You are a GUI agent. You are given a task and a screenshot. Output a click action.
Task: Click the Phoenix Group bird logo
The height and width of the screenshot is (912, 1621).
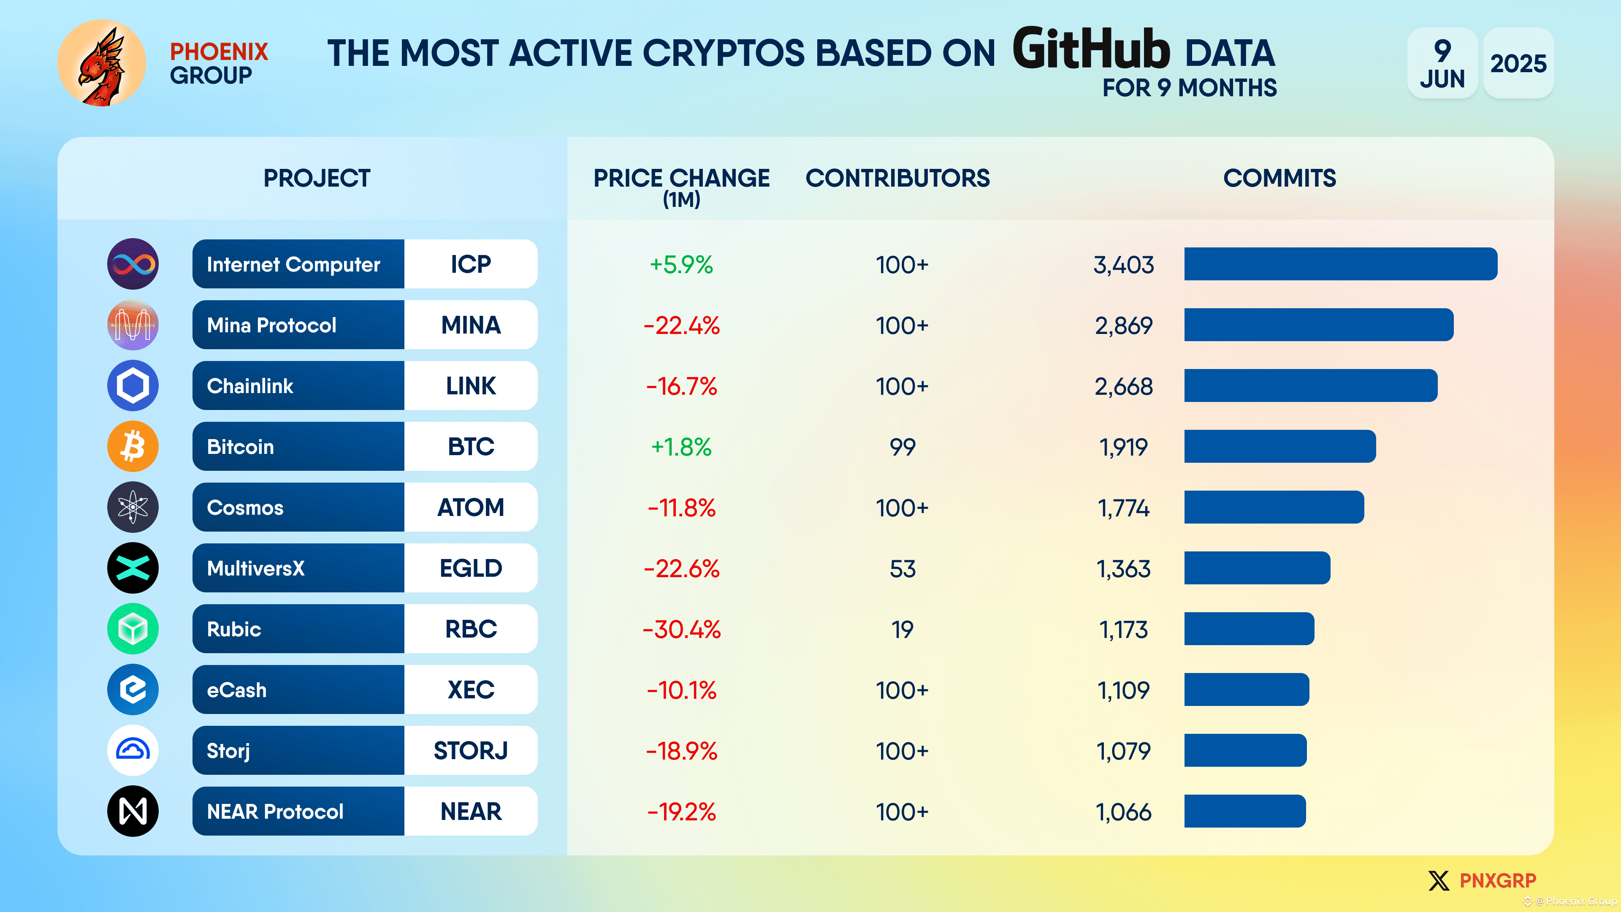[101, 63]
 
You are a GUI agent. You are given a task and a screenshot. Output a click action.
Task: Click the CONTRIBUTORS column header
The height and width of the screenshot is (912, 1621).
[897, 178]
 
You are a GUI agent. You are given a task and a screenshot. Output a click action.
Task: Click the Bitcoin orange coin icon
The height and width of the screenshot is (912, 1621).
[133, 446]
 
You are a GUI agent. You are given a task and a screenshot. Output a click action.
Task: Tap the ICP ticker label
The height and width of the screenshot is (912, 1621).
[471, 264]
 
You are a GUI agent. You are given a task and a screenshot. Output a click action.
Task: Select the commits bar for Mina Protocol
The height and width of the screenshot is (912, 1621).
[1318, 325]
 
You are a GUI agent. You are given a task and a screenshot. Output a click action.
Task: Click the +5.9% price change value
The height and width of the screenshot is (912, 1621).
[681, 264]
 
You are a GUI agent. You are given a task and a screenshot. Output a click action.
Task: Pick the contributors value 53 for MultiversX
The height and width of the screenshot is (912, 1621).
[902, 568]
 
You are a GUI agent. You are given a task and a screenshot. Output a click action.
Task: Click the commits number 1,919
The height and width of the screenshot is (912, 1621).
[1123, 447]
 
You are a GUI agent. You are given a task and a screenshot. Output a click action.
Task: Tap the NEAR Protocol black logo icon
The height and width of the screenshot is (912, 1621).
[133, 811]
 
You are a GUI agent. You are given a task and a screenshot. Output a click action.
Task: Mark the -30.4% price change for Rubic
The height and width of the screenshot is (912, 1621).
[681, 630]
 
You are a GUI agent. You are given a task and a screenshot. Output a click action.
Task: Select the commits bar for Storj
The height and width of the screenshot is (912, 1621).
[1245, 750]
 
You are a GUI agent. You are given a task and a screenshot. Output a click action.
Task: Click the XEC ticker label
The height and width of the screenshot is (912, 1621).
[471, 690]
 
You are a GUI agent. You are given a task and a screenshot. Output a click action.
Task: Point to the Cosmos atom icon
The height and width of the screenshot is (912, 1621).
[133, 507]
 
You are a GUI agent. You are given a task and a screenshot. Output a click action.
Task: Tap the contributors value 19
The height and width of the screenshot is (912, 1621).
[902, 630]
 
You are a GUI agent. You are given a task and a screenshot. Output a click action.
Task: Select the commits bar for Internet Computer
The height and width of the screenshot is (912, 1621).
[1340, 264]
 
